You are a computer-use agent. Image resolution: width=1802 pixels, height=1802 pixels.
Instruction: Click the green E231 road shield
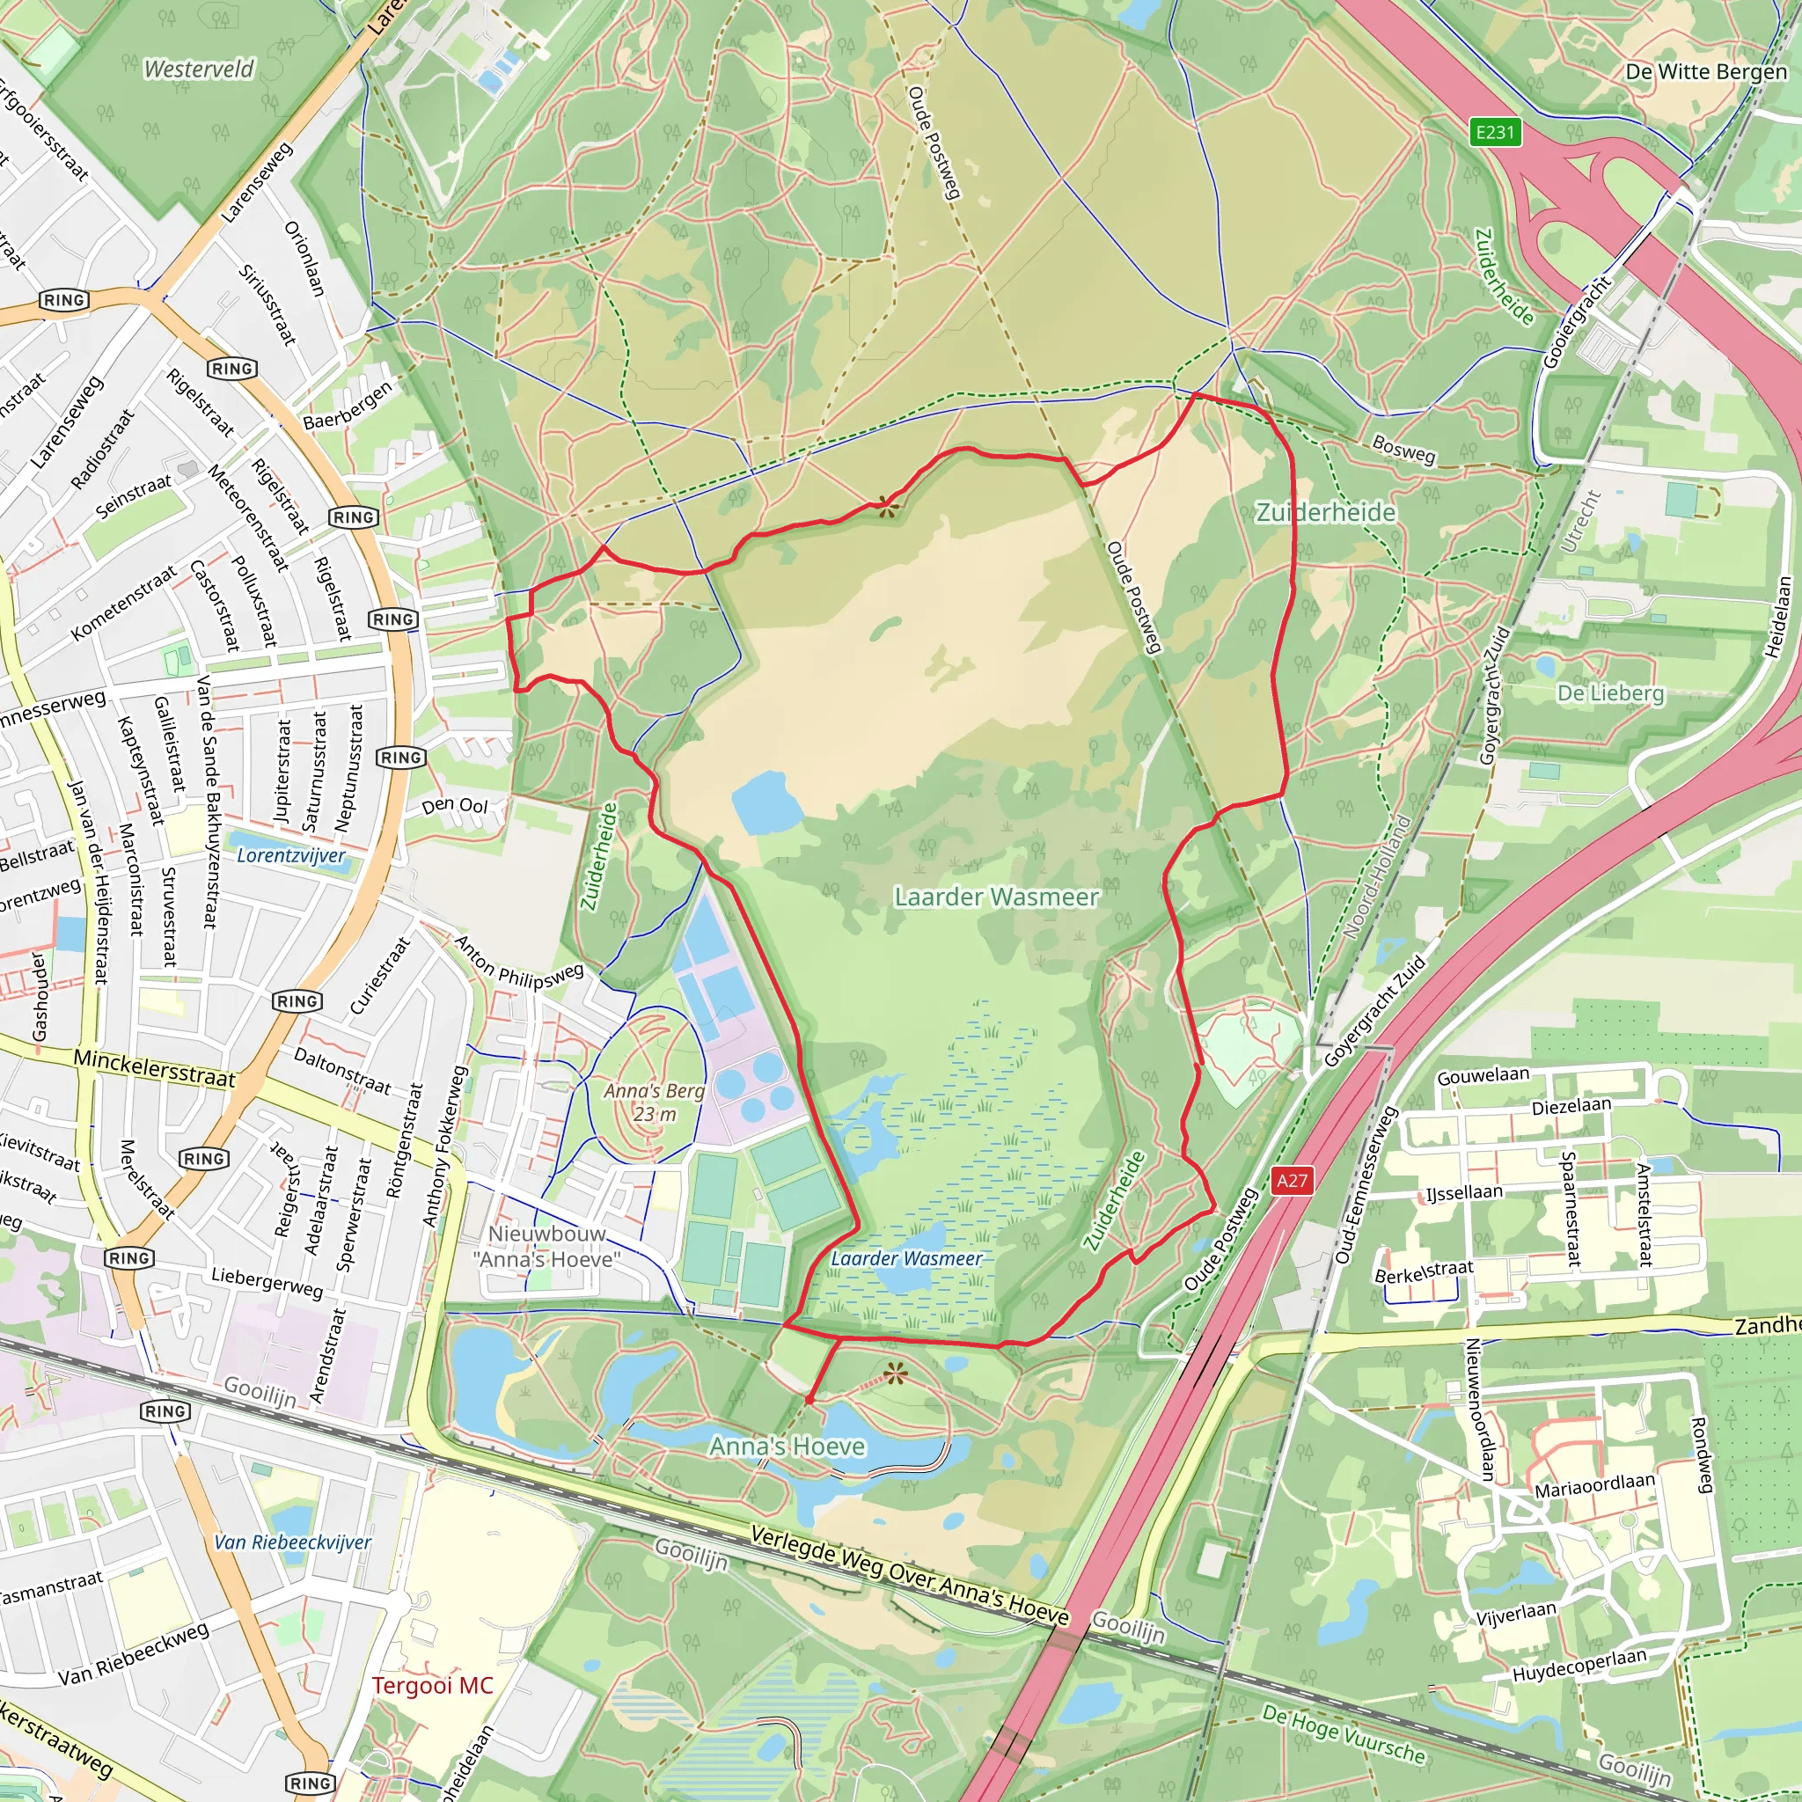point(1494,131)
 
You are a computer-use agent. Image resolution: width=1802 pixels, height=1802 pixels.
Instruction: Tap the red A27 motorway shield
point(1292,1181)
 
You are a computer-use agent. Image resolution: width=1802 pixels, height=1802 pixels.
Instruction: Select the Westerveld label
point(199,69)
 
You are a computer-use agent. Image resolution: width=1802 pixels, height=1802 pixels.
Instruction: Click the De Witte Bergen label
point(1705,72)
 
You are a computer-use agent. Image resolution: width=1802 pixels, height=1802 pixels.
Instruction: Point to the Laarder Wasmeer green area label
point(996,897)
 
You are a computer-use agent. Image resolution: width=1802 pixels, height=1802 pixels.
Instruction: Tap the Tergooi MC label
point(432,1685)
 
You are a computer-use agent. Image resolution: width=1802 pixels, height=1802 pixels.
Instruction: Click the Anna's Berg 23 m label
point(654,1102)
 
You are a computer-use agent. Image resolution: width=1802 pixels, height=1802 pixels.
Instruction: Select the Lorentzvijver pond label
point(291,855)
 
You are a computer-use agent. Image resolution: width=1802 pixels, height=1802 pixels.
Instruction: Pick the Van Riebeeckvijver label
point(293,1542)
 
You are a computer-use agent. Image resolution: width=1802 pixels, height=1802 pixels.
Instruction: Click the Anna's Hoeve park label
point(787,1447)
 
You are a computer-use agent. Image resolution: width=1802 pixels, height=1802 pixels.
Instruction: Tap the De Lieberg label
point(1611,693)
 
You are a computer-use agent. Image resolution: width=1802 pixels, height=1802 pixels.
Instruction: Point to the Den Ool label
point(454,805)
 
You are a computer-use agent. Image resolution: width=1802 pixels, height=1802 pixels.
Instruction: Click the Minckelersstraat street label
point(154,1069)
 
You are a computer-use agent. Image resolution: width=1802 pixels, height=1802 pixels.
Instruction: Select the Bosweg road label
point(1403,449)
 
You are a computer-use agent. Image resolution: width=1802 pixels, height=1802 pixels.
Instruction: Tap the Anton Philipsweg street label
point(518,962)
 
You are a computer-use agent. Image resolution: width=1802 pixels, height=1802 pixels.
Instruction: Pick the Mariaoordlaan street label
point(1594,1485)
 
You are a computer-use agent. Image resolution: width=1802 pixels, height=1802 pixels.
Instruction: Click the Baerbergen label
point(348,406)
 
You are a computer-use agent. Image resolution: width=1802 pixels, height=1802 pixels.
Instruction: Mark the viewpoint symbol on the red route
point(885,508)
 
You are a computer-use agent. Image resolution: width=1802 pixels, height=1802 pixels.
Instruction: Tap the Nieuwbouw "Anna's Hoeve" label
point(546,1246)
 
